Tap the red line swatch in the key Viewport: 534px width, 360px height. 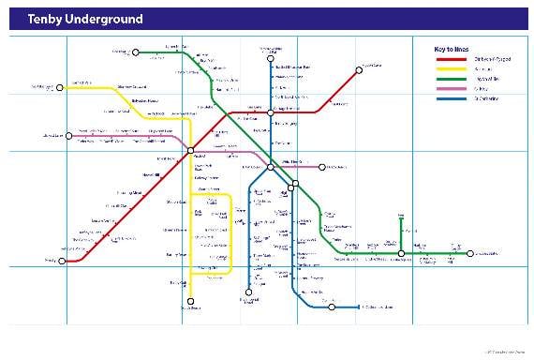[452, 59]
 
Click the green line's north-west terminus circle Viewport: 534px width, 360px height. [136, 52]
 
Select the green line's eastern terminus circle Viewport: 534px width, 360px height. [467, 254]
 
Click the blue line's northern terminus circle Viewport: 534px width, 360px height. [263, 52]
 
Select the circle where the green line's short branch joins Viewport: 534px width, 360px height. [401, 254]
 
